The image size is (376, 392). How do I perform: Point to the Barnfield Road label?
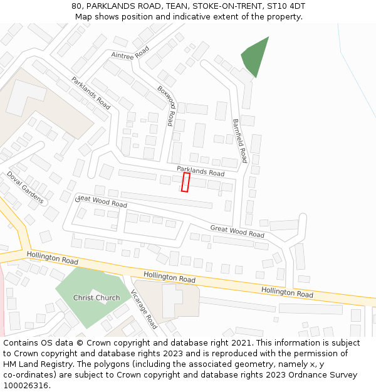[241, 141]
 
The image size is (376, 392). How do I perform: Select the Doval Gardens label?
[26, 188]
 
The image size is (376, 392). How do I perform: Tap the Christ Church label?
[97, 297]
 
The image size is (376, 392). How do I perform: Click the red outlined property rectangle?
[185, 182]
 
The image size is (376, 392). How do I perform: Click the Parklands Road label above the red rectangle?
[200, 171]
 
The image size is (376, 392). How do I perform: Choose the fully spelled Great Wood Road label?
[237, 231]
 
